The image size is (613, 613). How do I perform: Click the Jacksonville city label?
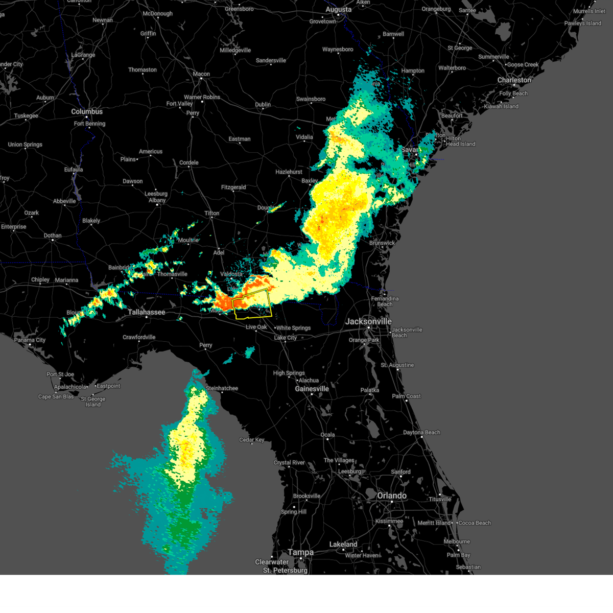pos(368,321)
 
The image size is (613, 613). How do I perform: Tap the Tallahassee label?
pos(146,312)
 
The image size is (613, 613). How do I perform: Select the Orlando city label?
pos(392,496)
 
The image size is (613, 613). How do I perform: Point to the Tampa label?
pos(300,552)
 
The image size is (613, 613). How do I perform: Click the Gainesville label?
pos(312,389)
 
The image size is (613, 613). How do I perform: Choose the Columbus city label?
pos(87,111)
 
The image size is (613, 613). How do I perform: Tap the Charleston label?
pos(514,80)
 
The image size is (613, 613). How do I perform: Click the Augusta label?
pos(338,10)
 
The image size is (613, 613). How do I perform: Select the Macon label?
pos(201,74)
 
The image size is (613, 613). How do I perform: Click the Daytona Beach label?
pos(421,433)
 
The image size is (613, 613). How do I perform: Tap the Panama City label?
pos(30,340)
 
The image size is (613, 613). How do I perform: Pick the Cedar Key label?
pos(251,440)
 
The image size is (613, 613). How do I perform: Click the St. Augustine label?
pos(397,365)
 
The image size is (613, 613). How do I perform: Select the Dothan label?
pos(52,235)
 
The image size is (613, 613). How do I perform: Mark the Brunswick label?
pos(382,243)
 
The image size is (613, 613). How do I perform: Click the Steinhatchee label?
pos(222,388)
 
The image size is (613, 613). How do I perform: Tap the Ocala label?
pos(327,435)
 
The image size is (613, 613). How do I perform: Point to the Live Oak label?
pos(256,327)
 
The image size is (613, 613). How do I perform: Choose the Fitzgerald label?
pos(233,187)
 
